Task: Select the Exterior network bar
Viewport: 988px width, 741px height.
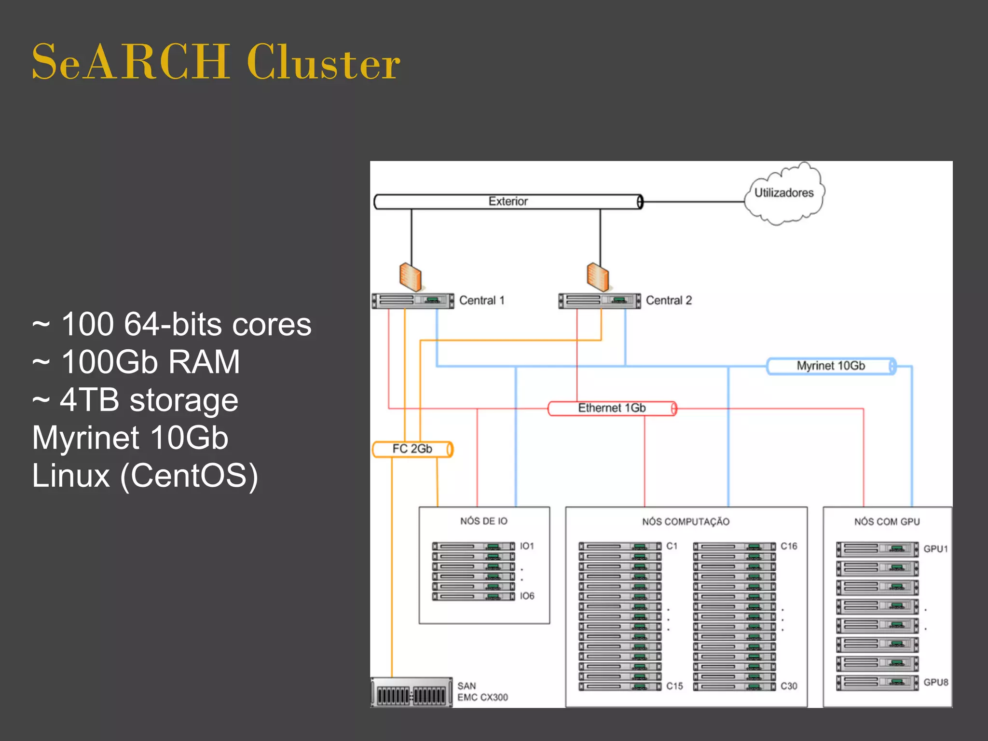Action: pos(508,202)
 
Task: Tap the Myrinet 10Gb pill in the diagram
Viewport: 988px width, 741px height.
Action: pos(831,366)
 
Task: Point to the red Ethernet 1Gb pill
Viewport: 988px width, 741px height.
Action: pos(612,409)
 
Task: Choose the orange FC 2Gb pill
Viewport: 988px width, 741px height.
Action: pos(412,449)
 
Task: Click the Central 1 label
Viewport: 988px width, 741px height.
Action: pos(481,301)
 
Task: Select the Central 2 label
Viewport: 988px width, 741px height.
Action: pos(669,301)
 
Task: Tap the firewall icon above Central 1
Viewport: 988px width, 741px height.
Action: pos(411,277)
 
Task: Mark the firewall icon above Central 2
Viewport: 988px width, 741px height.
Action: pos(598,277)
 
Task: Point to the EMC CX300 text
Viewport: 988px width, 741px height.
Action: pos(482,698)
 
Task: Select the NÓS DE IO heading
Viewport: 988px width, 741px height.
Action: pos(484,521)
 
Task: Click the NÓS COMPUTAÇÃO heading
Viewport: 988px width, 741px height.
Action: pos(686,522)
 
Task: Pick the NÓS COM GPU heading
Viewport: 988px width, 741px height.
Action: pos(887,522)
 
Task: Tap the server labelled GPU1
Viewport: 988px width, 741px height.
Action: pos(877,549)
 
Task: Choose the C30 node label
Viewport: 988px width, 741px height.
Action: pos(789,686)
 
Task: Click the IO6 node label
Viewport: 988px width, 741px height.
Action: pos(527,596)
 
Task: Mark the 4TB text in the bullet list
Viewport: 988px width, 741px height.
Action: pos(90,400)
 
